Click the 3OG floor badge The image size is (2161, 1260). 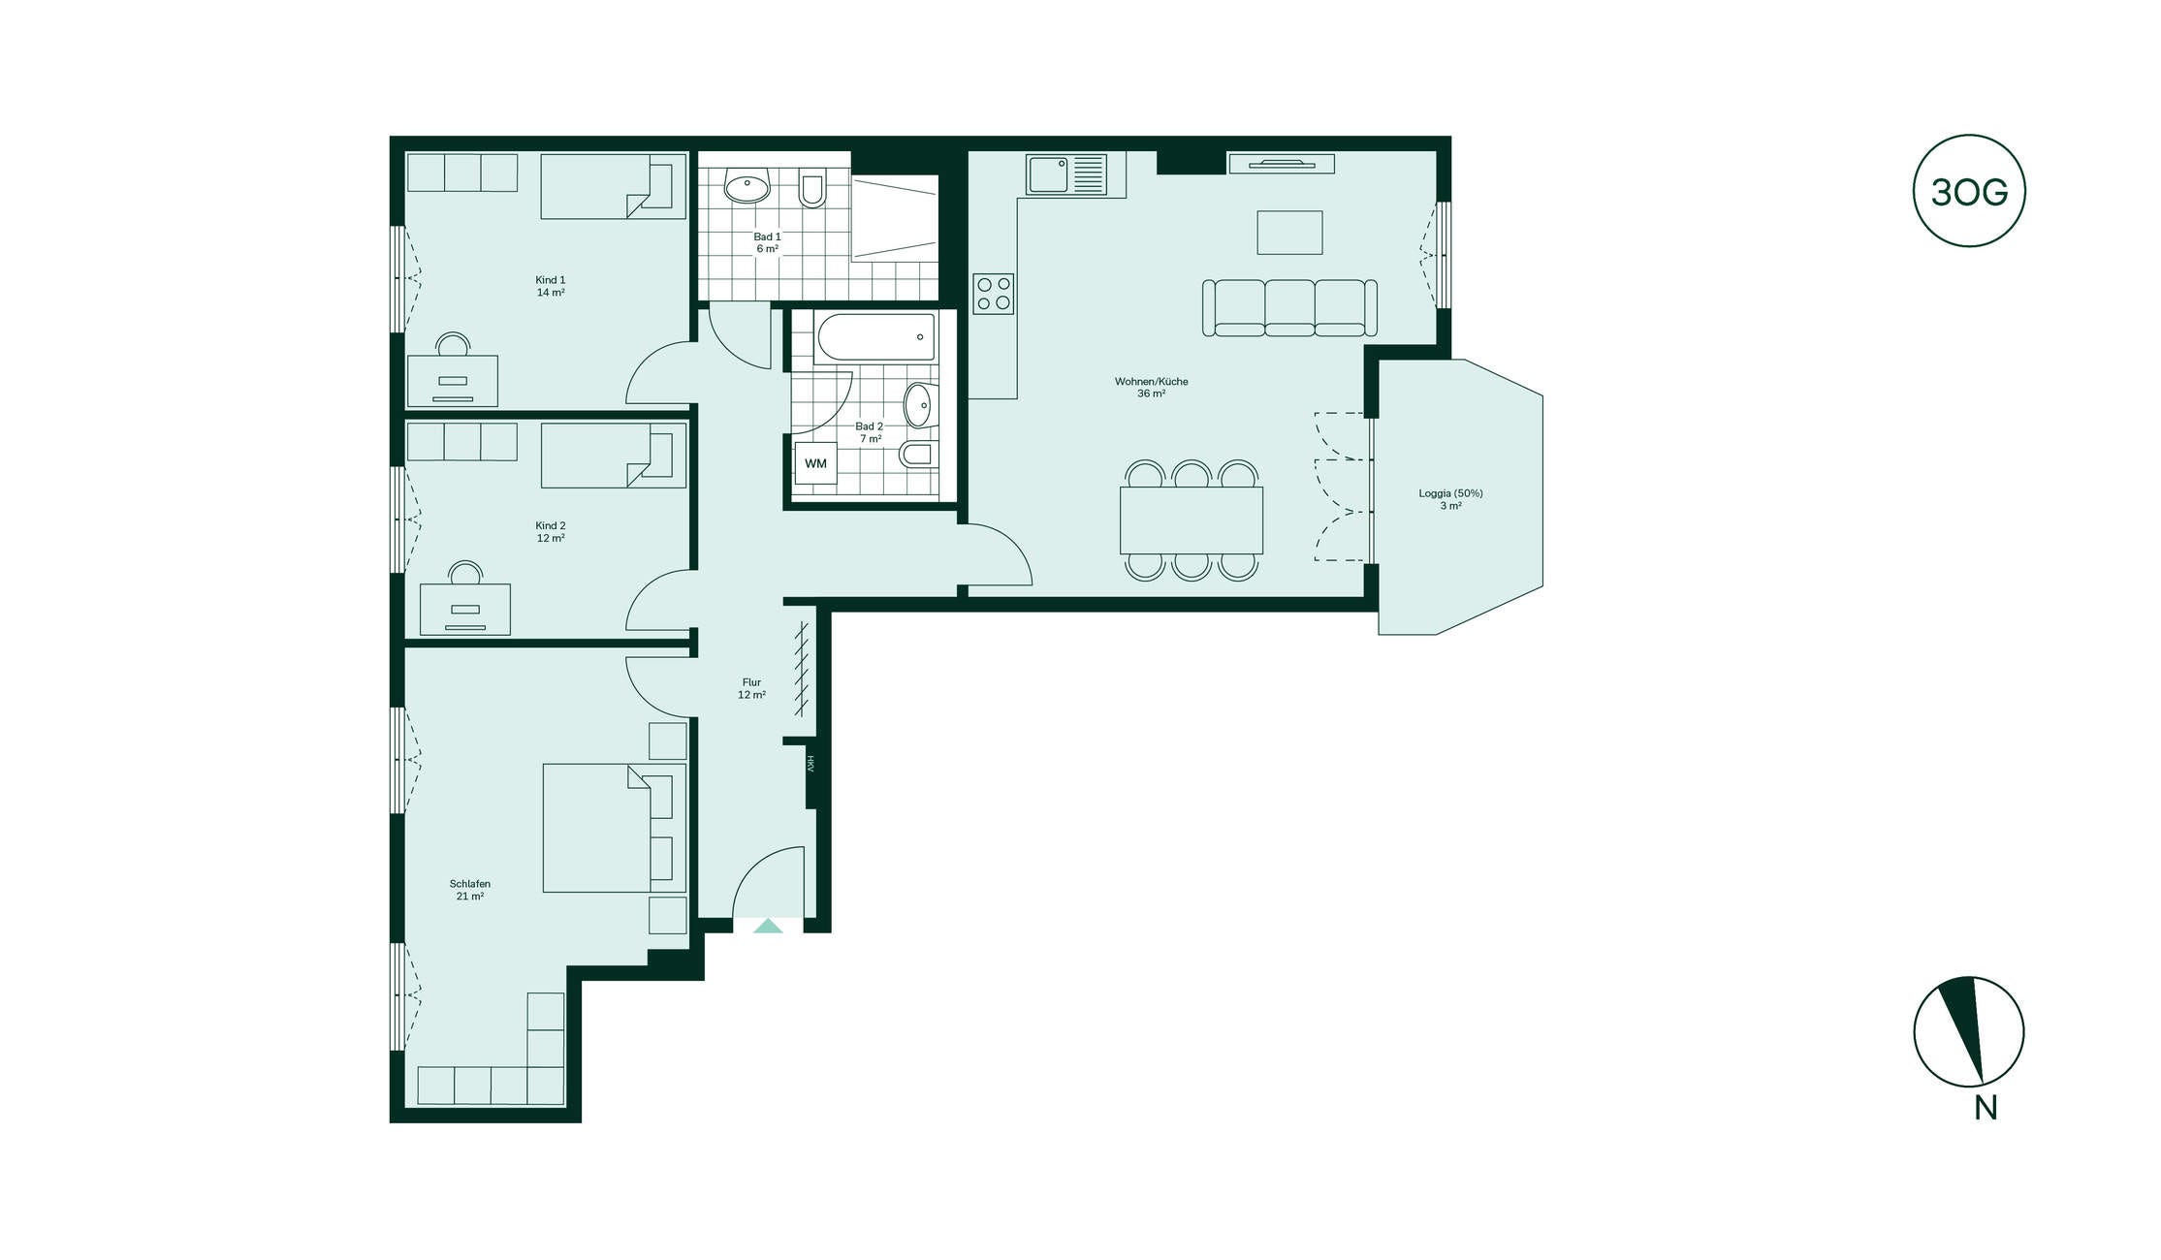point(1968,191)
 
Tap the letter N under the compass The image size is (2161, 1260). point(1986,1108)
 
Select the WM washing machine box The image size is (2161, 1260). point(815,463)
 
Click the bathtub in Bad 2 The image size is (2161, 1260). point(875,337)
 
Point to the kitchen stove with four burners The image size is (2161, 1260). point(994,294)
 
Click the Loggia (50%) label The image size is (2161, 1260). point(1450,493)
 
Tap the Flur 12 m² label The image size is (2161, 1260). point(751,688)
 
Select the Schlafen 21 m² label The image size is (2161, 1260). point(470,890)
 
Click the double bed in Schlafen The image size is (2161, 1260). point(614,828)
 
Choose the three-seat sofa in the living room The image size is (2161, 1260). point(1289,307)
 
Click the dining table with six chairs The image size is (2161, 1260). point(1192,520)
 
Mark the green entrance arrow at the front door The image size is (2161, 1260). point(768,926)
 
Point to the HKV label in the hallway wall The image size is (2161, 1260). point(810,764)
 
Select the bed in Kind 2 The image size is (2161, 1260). point(614,456)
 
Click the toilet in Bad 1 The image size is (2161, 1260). point(812,190)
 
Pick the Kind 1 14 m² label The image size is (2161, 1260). point(551,286)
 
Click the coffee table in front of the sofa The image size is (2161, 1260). point(1289,233)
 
